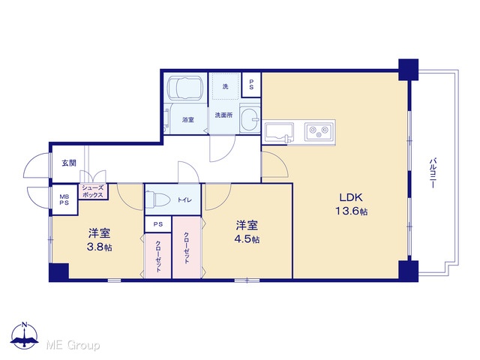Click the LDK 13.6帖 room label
(x=352, y=204)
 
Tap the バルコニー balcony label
(x=433, y=172)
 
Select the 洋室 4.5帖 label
(x=247, y=232)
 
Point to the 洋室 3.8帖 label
(x=100, y=240)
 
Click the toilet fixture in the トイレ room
(x=157, y=199)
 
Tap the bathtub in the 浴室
(x=185, y=88)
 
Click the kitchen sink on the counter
(x=279, y=133)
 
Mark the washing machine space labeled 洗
(x=226, y=86)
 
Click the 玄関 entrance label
(x=69, y=163)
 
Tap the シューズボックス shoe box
(x=93, y=192)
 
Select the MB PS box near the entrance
(x=64, y=199)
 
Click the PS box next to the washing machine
(x=251, y=85)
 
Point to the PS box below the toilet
(x=158, y=224)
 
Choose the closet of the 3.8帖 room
(x=157, y=256)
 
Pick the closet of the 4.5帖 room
(x=187, y=247)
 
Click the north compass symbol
(x=25, y=335)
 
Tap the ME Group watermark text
(x=73, y=345)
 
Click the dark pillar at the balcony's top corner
(x=408, y=70)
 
